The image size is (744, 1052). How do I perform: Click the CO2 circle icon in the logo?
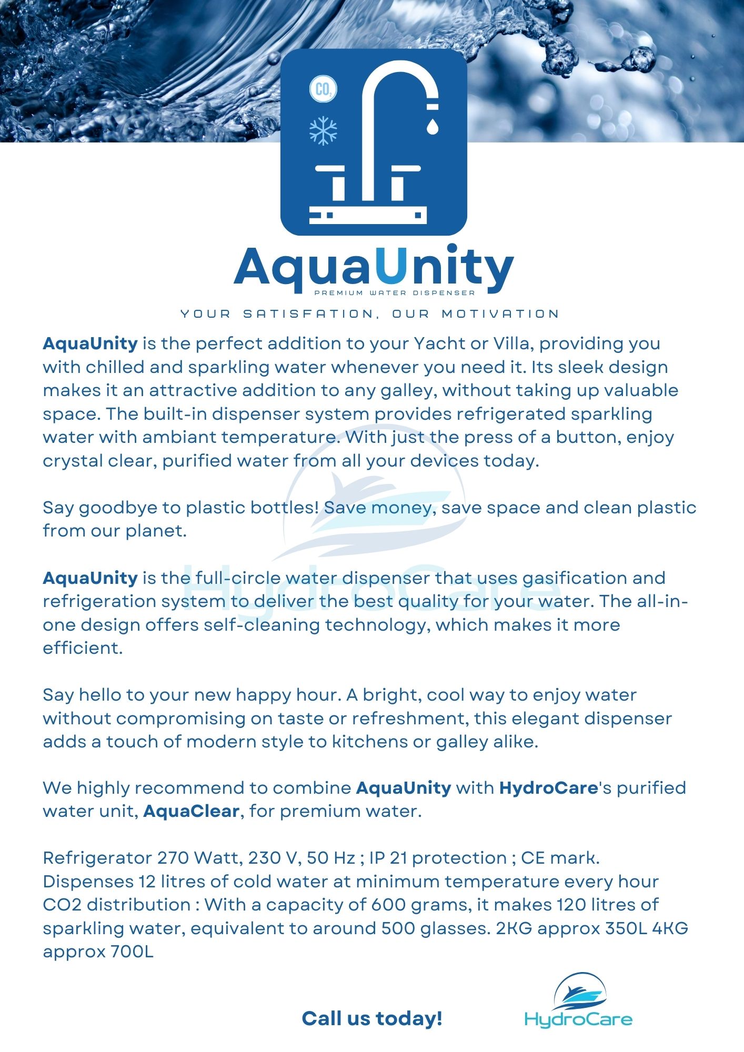tap(323, 89)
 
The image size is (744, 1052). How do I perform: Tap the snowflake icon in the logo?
tap(323, 130)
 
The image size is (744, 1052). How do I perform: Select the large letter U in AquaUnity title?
tap(394, 268)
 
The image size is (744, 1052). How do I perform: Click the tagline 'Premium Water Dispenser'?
tap(395, 293)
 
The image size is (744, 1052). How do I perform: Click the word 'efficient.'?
tap(83, 648)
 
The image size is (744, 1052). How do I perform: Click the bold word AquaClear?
tap(191, 811)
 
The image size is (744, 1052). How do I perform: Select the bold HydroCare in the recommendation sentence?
tap(548, 788)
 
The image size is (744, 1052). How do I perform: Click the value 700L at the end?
tap(132, 952)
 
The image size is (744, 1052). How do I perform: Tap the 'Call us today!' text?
tap(372, 1019)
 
